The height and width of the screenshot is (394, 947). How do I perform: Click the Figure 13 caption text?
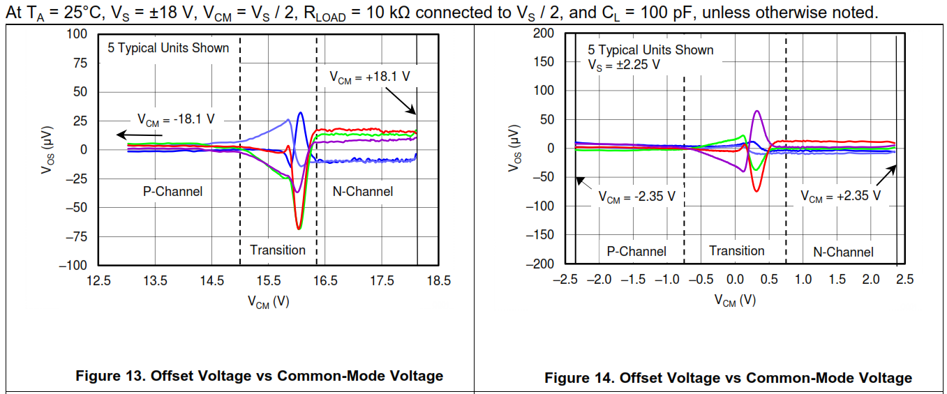click(259, 376)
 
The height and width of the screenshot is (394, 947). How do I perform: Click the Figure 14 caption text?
click(728, 378)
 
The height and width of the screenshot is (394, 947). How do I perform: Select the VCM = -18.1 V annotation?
click(176, 119)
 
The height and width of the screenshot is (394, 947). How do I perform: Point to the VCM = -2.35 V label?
click(636, 197)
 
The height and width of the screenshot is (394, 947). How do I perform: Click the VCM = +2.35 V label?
click(840, 196)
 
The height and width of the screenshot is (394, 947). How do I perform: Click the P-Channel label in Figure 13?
click(172, 191)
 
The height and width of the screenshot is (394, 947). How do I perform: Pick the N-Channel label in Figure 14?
click(843, 252)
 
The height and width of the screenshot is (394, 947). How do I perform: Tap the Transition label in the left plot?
click(278, 250)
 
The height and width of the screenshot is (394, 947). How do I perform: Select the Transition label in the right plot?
click(737, 250)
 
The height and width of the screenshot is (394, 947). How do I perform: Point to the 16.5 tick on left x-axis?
click(325, 280)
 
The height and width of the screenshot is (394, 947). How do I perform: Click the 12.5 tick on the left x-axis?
click(98, 280)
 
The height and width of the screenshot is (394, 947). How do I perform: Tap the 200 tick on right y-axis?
click(543, 33)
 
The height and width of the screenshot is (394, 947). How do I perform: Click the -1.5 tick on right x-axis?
click(634, 279)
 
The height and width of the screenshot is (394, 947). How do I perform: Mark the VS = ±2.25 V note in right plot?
click(623, 64)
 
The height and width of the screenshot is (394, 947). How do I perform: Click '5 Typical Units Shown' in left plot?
click(168, 48)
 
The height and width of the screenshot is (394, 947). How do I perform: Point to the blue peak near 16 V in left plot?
click(300, 113)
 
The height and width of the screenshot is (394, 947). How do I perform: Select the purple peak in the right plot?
click(756, 111)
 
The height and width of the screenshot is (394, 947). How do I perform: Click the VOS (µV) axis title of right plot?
click(515, 149)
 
